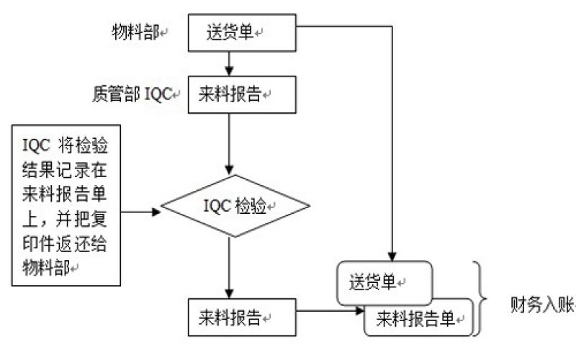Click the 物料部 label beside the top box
point(135,32)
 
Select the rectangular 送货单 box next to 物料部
point(242,33)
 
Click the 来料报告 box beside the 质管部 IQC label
point(242,95)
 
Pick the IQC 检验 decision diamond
point(235,207)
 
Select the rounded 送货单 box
point(384,283)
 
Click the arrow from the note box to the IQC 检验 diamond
point(140,212)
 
